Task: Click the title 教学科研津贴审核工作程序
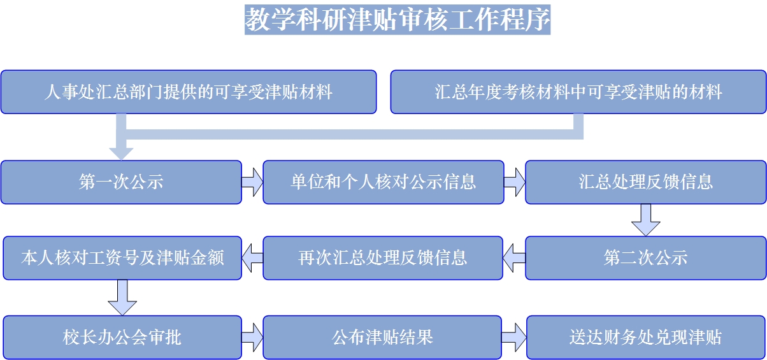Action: pyautogui.click(x=398, y=20)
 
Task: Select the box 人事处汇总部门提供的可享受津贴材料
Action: pyautogui.click(x=189, y=92)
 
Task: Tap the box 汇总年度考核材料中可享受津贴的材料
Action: pyautogui.click(x=578, y=92)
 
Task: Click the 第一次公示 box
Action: pyautogui.click(x=121, y=182)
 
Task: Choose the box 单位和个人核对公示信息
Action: pyautogui.click(x=383, y=182)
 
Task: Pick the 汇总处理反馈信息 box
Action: pyautogui.click(x=645, y=182)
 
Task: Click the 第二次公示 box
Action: pyautogui.click(x=645, y=258)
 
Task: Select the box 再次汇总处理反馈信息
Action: pyautogui.click(x=383, y=258)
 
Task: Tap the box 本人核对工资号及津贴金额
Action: pyautogui.click(x=122, y=258)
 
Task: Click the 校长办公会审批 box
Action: pyautogui.click(x=122, y=337)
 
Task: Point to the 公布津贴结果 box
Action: pyautogui.click(x=383, y=337)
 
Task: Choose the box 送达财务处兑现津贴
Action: pyautogui.click(x=645, y=337)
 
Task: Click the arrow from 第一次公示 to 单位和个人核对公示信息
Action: pyautogui.click(x=252, y=182)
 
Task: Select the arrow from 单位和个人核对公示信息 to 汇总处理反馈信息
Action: pyautogui.click(x=515, y=182)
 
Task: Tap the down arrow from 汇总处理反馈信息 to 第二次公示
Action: pyautogui.click(x=645, y=220)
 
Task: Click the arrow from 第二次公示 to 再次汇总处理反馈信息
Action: pyautogui.click(x=514, y=258)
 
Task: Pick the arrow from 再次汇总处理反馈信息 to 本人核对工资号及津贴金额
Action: pyautogui.click(x=252, y=258)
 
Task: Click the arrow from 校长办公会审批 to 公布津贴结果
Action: pyautogui.click(x=252, y=337)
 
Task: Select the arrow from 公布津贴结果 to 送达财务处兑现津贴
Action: pyautogui.click(x=515, y=337)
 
